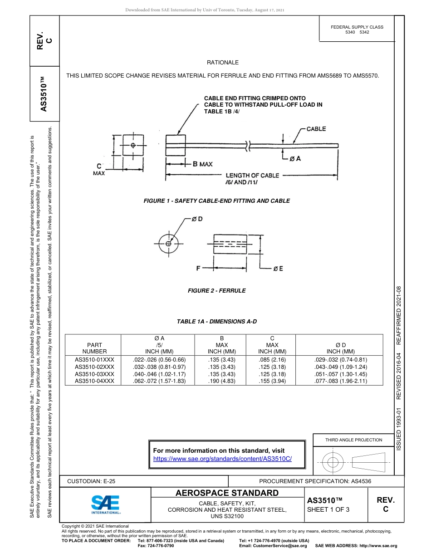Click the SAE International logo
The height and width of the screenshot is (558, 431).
pyautogui.click(x=105, y=504)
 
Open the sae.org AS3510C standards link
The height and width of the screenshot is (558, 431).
pyautogui.click(x=222, y=459)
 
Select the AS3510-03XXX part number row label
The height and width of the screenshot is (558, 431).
pyautogui.click(x=94, y=374)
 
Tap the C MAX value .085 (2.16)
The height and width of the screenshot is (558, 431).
pyautogui.click(x=272, y=359)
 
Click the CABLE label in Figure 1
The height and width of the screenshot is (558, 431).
pyautogui.click(x=316, y=129)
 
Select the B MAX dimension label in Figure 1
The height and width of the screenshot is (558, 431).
pyautogui.click(x=199, y=164)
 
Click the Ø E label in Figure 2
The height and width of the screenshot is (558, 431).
pyautogui.click(x=278, y=269)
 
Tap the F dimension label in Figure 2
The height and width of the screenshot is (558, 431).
pyautogui.click(x=198, y=268)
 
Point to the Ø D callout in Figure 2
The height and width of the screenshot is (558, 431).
pyautogui.click(x=196, y=219)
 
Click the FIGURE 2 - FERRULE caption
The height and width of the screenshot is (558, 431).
pyautogui.click(x=216, y=291)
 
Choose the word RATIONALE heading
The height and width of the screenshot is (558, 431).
pyautogui.click(x=222, y=63)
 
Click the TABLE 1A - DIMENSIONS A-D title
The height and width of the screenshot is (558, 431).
pyautogui.click(x=216, y=322)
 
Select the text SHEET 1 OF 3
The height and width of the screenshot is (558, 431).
pyautogui.click(x=328, y=509)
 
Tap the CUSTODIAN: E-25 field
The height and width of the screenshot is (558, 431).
pyautogui.click(x=94, y=481)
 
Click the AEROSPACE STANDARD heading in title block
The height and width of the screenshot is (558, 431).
pyautogui.click(x=227, y=493)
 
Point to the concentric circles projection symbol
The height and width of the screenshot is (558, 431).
pyautogui.click(x=333, y=462)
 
